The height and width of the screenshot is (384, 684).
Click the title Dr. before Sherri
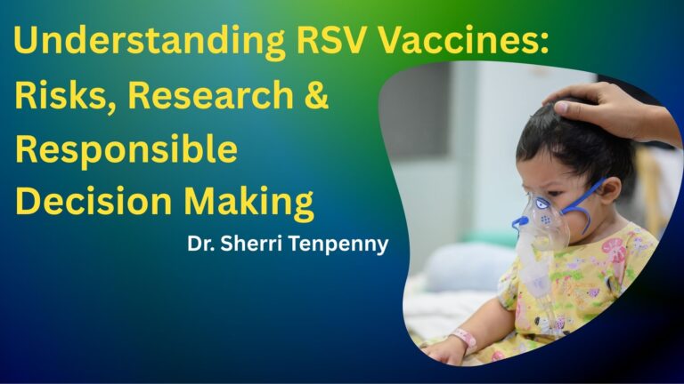[200, 244]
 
